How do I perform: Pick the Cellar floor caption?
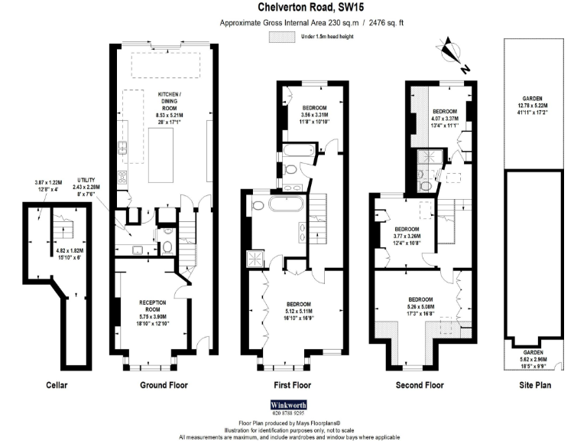tap(57, 384)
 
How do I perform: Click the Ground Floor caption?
tap(164, 384)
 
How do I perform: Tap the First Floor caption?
tap(290, 384)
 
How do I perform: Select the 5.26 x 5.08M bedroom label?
tap(420, 306)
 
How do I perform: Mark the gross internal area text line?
tap(312, 23)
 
